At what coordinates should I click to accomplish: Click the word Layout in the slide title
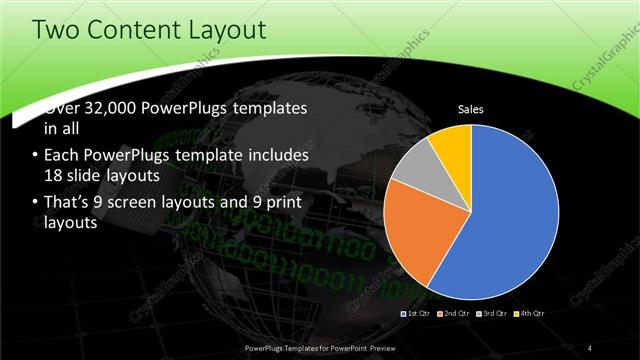(224, 30)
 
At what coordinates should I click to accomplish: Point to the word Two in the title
(56, 30)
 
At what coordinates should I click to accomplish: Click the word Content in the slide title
(133, 30)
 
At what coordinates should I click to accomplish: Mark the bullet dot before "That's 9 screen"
(36, 203)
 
